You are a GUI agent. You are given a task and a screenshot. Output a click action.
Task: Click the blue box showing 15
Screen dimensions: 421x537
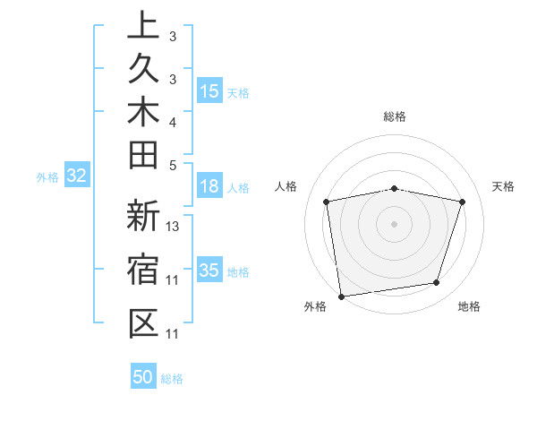coord(209,90)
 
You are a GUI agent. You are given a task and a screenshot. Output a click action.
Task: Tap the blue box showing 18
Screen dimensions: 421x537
coord(209,186)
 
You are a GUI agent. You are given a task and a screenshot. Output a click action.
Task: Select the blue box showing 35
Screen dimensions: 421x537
coord(209,271)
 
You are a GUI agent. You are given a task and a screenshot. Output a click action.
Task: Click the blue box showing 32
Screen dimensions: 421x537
coord(76,176)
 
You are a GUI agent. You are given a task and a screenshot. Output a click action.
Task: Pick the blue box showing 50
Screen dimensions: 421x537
coord(143,377)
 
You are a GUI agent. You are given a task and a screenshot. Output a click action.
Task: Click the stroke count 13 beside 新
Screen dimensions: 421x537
coord(174,227)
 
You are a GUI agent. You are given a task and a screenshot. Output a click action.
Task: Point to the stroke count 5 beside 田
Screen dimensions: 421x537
coord(173,164)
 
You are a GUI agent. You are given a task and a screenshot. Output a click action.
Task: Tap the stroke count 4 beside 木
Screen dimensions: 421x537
coord(173,121)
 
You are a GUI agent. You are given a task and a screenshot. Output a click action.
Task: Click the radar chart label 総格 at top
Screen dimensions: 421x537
coord(395,116)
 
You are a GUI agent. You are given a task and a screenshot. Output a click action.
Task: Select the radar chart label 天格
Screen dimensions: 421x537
coord(504,186)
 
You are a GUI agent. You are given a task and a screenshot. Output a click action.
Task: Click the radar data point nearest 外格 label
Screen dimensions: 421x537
coord(341,296)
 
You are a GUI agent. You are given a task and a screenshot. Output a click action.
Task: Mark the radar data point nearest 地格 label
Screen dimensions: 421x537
coord(437,283)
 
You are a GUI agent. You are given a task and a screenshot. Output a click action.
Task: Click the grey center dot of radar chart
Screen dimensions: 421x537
coord(395,223)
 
